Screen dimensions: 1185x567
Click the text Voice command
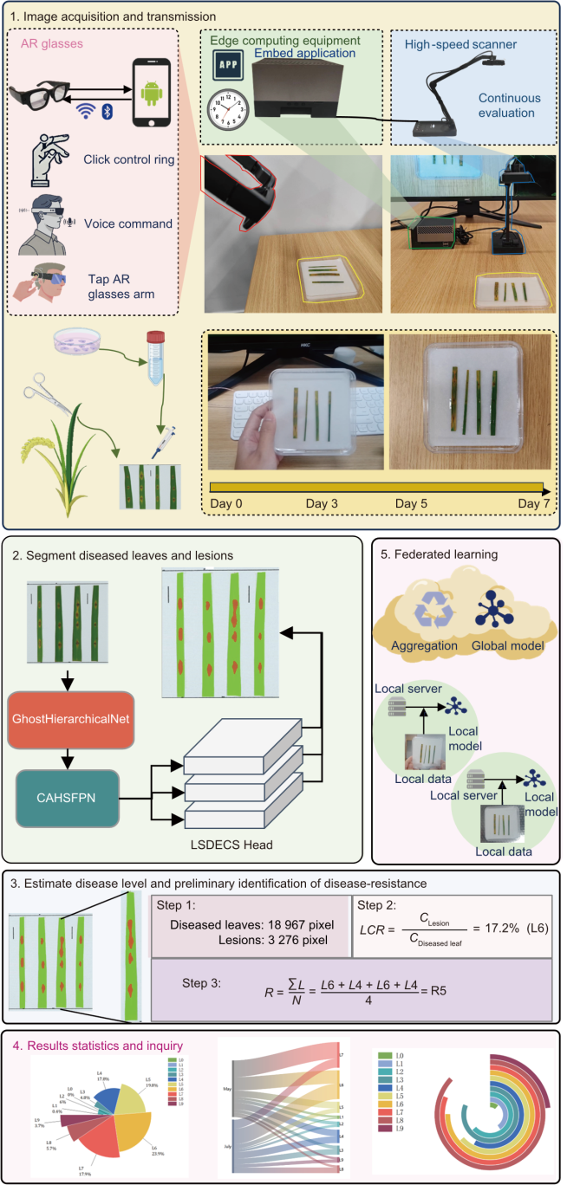click(128, 223)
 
